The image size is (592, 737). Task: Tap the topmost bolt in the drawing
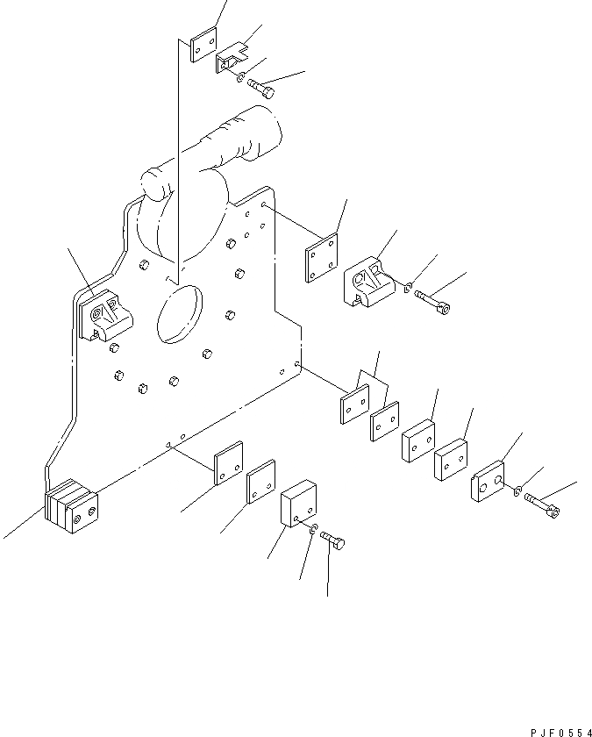point(260,87)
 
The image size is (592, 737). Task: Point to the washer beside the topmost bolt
point(240,77)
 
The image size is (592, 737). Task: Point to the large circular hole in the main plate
point(179,312)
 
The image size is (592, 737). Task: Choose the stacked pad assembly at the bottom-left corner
point(72,509)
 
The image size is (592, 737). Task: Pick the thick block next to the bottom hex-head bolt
point(297,504)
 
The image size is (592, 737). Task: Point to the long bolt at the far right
point(543,503)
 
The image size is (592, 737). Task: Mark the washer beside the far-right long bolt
point(519,490)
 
